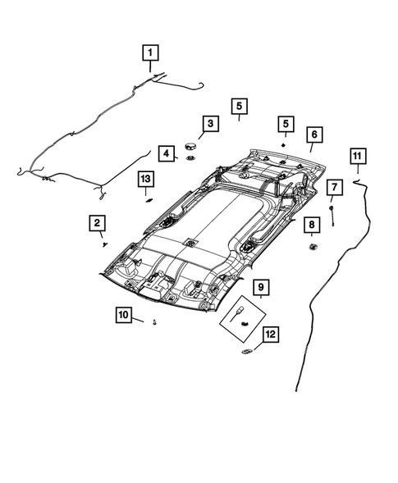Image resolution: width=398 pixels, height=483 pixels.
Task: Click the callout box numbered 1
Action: (150, 52)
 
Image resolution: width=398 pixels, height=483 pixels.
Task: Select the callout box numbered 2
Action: (97, 223)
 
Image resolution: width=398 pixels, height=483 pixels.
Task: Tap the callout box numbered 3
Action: (210, 124)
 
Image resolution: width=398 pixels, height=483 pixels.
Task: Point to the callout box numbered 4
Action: (167, 153)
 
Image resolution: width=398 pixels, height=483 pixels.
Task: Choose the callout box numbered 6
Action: (314, 134)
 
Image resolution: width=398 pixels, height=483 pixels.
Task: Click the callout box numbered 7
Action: (335, 187)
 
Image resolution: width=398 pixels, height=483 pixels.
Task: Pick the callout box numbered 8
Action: (312, 225)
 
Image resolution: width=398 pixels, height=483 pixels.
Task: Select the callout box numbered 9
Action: (261, 287)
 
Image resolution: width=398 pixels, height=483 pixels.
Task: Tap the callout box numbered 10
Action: (123, 315)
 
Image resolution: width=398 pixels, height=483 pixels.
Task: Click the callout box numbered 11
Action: (357, 156)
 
